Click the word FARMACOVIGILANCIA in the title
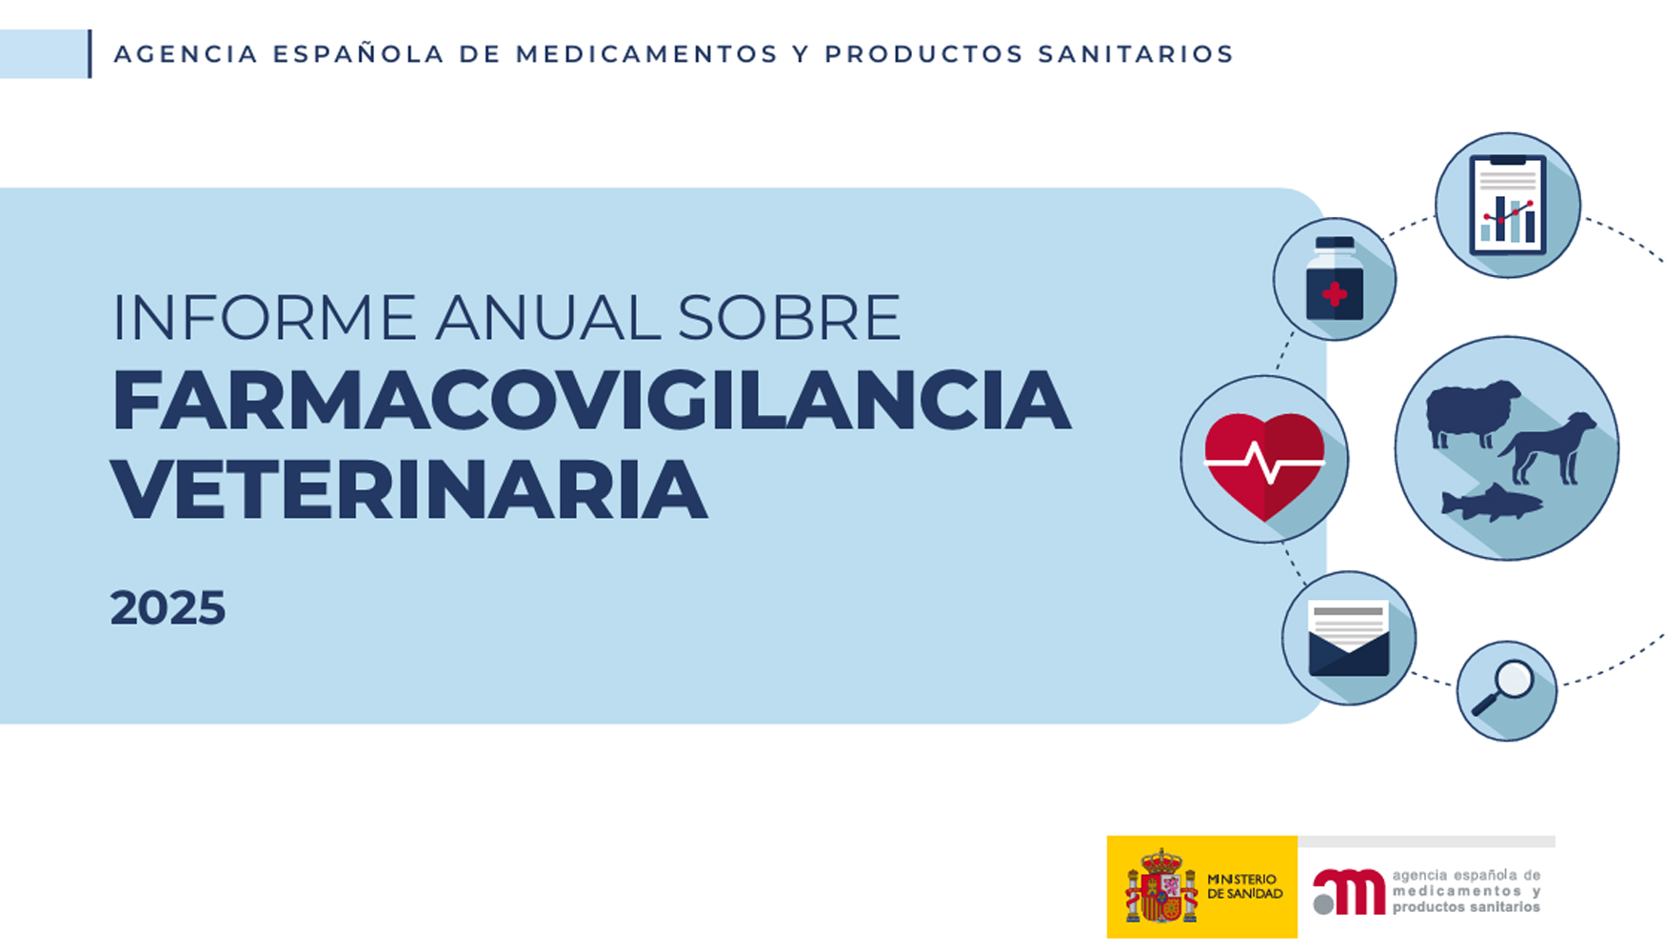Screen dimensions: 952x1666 (x=590, y=402)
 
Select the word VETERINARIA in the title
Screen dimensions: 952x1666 (x=409, y=489)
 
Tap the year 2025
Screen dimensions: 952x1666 (x=168, y=608)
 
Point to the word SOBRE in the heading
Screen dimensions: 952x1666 (x=789, y=318)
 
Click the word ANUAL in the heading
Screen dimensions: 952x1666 (x=547, y=318)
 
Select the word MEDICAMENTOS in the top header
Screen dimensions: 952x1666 (x=647, y=54)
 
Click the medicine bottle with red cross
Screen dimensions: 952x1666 (x=1334, y=281)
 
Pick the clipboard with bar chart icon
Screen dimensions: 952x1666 (x=1507, y=206)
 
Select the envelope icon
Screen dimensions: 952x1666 (x=1348, y=639)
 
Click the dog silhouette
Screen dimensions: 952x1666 (x=1550, y=447)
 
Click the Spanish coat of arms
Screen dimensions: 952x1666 (x=1160, y=887)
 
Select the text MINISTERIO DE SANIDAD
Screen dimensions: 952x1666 (x=1244, y=886)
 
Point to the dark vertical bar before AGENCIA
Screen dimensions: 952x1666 (x=89, y=53)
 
